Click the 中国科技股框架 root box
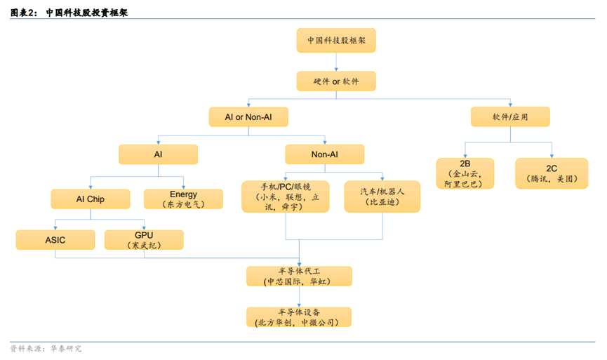(x=336, y=40)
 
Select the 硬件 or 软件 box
(x=336, y=81)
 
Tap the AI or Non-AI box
(x=248, y=116)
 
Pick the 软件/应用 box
(x=509, y=116)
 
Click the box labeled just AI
(x=158, y=154)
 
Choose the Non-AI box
(x=324, y=154)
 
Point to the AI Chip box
(x=91, y=199)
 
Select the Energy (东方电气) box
(x=183, y=199)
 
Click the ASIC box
(x=55, y=240)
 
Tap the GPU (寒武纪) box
(x=144, y=240)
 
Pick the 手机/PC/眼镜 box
(x=285, y=196)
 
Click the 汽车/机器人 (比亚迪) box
(x=382, y=196)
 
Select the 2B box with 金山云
(x=464, y=173)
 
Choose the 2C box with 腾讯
(x=551, y=173)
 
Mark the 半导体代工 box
(x=299, y=276)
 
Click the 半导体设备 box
(x=299, y=316)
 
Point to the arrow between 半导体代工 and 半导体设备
(x=300, y=296)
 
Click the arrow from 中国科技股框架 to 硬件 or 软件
(x=336, y=61)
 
